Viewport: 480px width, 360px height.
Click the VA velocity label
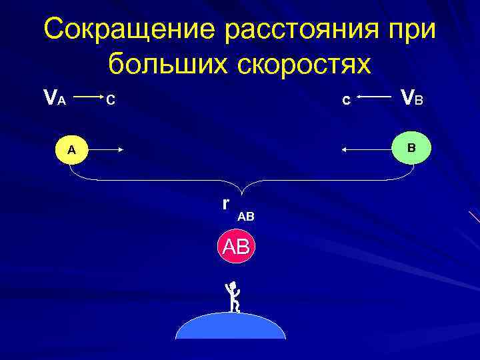coord(54,99)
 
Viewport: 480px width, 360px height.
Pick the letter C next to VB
coord(345,101)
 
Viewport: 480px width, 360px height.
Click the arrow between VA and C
coord(86,98)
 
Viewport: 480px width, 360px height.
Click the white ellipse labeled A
coord(71,150)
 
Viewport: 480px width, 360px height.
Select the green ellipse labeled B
coord(411,147)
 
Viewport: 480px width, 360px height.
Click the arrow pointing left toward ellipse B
coord(365,151)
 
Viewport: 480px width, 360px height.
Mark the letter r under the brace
coord(227,203)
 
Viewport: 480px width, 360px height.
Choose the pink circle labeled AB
coord(235,247)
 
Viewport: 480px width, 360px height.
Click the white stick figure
coord(233,297)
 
